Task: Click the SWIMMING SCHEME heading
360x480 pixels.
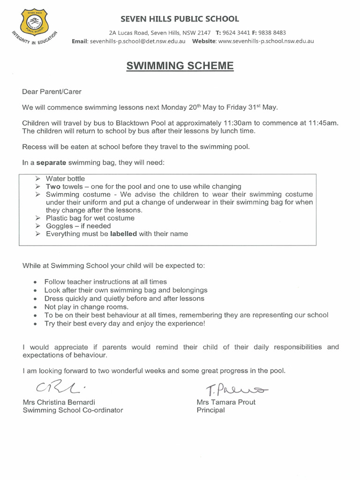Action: [180, 66]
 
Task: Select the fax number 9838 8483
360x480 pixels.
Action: [273, 33]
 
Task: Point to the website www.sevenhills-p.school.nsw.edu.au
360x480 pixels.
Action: [266, 41]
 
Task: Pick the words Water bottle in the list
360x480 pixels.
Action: [65, 179]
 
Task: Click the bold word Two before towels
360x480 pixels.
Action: [53, 187]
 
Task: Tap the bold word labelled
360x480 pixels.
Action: [123, 233]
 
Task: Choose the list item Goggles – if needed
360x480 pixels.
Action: [78, 226]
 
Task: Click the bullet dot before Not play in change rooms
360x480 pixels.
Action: [36, 307]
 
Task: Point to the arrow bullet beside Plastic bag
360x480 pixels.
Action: [38, 218]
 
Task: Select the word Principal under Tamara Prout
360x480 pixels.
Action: [211, 410]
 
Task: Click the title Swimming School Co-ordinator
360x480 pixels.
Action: [73, 410]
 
